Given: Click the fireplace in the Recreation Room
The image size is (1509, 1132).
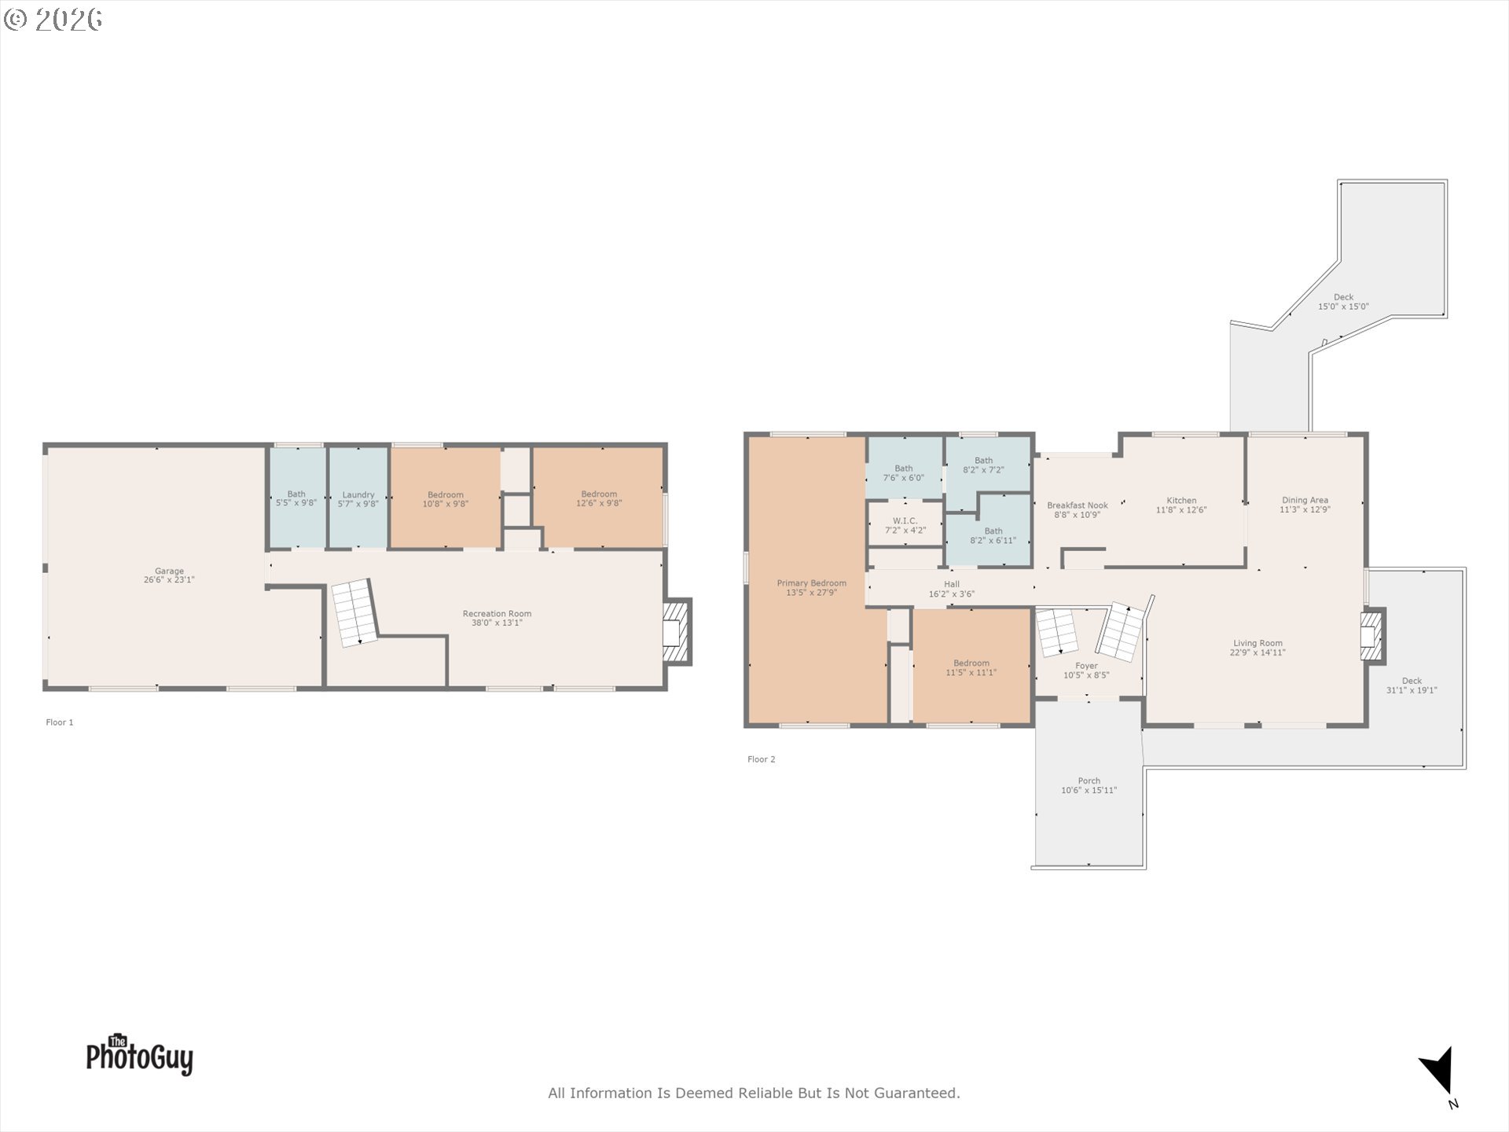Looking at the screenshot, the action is point(677,633).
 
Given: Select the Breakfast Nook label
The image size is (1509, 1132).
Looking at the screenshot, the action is point(1078,505).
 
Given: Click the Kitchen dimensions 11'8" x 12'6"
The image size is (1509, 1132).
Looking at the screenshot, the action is point(1181,510).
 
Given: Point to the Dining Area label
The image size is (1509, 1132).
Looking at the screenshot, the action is point(1305,500).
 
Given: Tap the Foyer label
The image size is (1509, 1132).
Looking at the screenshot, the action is point(1087,666).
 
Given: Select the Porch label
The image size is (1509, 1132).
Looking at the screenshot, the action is point(1089,781).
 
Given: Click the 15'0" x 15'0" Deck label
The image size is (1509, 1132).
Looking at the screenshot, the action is point(1343,302).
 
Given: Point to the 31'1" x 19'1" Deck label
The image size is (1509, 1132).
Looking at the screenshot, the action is point(1412,685).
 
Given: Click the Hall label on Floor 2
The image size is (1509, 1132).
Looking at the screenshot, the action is point(952,584).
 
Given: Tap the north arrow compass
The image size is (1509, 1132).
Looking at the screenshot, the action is point(1440,1074).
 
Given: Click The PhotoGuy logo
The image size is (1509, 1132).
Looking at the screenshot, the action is point(139,1054).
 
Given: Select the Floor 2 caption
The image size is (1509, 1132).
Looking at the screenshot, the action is point(762,759).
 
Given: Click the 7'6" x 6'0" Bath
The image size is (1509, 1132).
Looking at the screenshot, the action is point(904,469).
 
